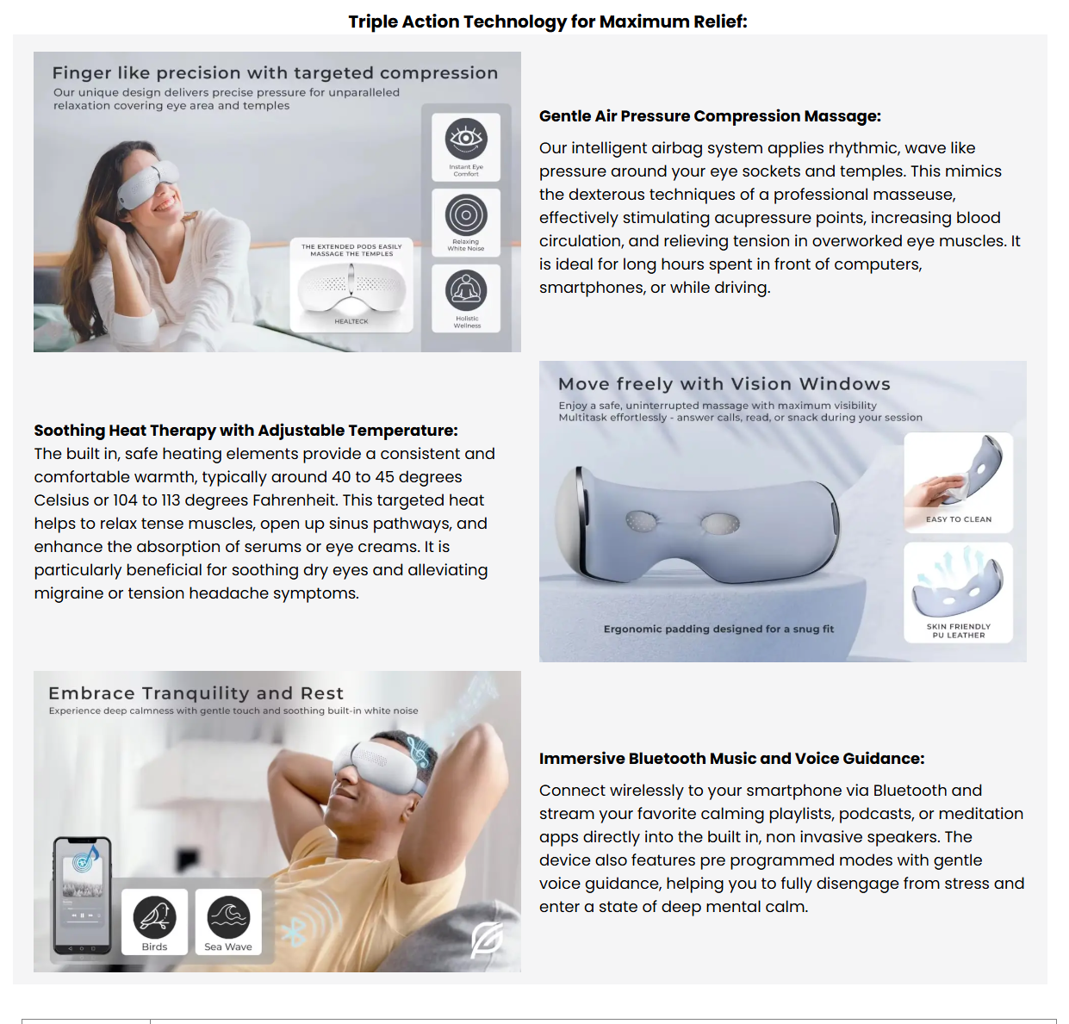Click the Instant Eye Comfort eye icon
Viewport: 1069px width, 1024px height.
[x=466, y=139]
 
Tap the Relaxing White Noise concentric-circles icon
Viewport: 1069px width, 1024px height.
[x=466, y=214]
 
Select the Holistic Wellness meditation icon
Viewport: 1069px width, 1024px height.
[x=466, y=291]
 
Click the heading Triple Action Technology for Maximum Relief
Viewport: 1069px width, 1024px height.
[x=547, y=22]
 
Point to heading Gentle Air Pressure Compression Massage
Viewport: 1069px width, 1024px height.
[x=710, y=116]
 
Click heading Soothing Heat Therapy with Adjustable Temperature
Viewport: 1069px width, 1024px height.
[x=245, y=431]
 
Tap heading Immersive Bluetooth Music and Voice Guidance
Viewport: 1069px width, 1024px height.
[x=731, y=759]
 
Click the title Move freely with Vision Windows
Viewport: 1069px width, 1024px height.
[x=724, y=384]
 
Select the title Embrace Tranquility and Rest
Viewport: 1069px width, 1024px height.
[x=196, y=693]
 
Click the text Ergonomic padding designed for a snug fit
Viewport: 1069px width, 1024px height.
[x=718, y=629]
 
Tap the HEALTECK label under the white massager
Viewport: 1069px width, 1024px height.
[x=351, y=321]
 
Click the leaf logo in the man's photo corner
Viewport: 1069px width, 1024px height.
[x=487, y=939]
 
